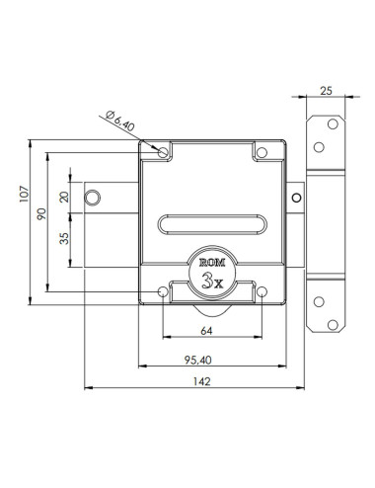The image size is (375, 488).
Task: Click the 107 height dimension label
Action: (24, 194)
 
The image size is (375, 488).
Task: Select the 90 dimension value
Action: (41, 213)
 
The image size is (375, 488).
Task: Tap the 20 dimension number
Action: (64, 197)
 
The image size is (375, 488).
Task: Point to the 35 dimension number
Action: (64, 238)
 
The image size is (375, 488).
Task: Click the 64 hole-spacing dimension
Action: (206, 331)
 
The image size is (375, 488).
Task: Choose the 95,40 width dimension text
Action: (197, 360)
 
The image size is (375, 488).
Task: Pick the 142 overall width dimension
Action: (201, 381)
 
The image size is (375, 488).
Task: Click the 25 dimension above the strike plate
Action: (326, 91)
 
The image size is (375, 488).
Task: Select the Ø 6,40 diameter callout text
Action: (120, 121)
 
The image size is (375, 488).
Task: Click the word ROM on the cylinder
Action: (212, 263)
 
